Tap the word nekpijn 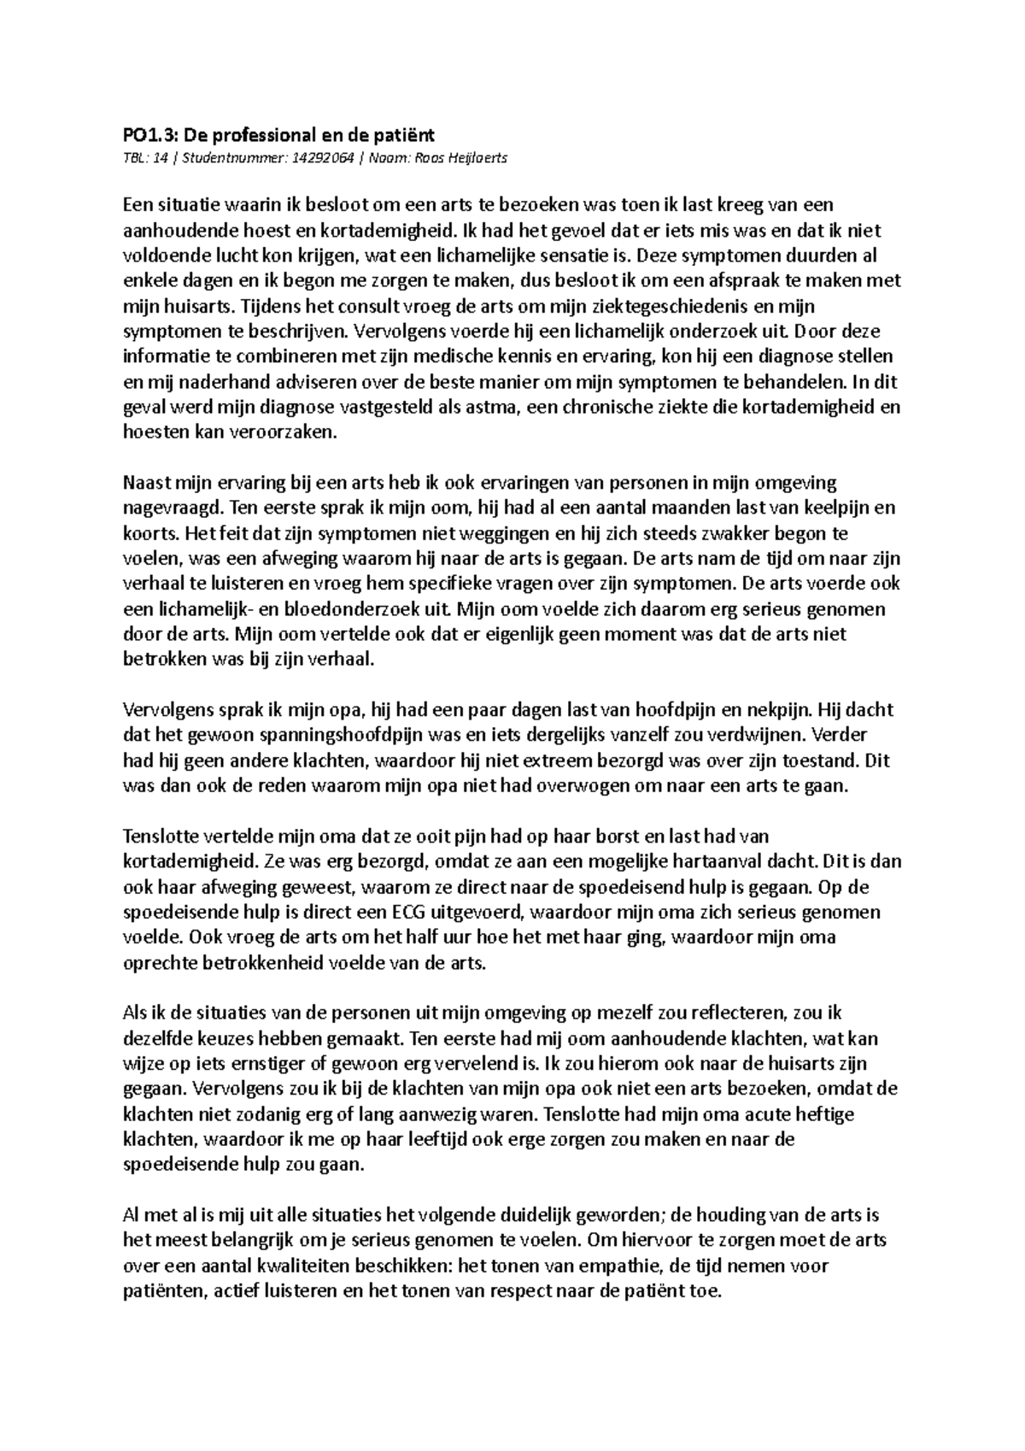[785, 709]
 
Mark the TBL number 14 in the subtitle [158, 158]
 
